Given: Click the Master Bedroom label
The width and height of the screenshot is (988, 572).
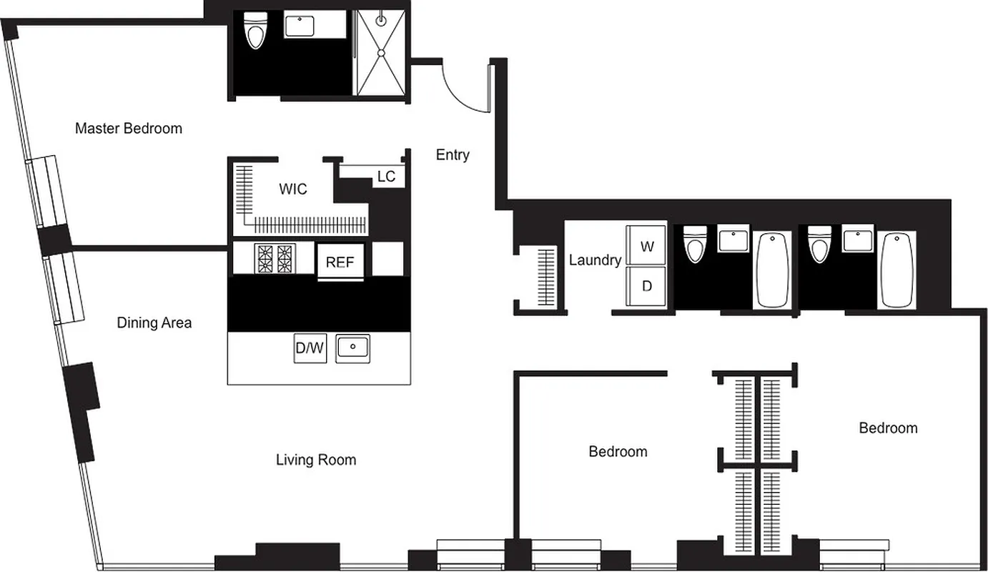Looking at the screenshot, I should (x=129, y=129).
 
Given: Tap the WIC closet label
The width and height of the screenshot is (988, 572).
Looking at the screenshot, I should (x=293, y=189).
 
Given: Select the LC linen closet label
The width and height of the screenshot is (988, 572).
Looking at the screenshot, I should (x=386, y=177).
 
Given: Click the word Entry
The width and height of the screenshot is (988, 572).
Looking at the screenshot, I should (x=453, y=154).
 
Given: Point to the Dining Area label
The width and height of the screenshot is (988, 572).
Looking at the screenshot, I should (x=154, y=323).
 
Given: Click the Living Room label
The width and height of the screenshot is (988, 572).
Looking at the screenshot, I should (x=316, y=460).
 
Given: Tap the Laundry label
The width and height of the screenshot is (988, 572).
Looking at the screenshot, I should (x=595, y=260).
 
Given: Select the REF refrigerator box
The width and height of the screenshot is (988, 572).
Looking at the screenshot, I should (x=340, y=262).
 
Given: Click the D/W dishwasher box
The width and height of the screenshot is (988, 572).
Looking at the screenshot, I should (x=310, y=349).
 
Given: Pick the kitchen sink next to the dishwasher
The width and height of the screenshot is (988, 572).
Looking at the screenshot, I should (x=352, y=348).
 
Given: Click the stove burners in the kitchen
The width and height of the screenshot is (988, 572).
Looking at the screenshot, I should (x=275, y=259).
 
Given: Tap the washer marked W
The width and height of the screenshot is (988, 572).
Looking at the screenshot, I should (x=647, y=247).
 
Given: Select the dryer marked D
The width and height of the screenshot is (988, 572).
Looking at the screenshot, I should (x=647, y=286).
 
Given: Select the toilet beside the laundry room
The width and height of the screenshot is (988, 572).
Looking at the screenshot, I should (x=693, y=245).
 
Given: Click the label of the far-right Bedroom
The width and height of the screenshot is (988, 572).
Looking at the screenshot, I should (x=888, y=428).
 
